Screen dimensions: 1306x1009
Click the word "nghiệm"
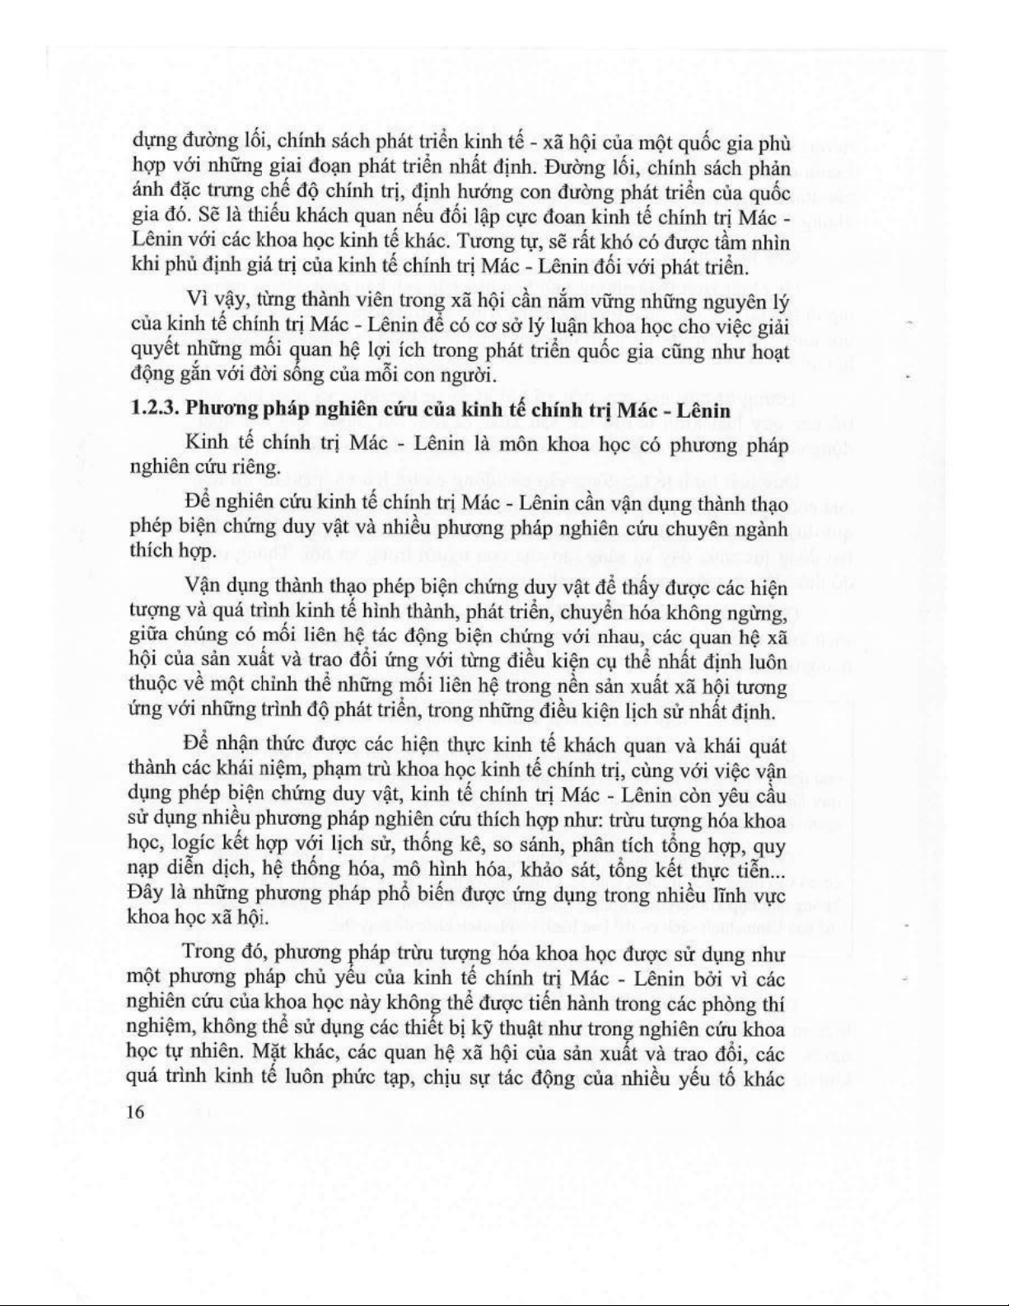click(162, 1028)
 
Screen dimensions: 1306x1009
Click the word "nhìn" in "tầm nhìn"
click(770, 243)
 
